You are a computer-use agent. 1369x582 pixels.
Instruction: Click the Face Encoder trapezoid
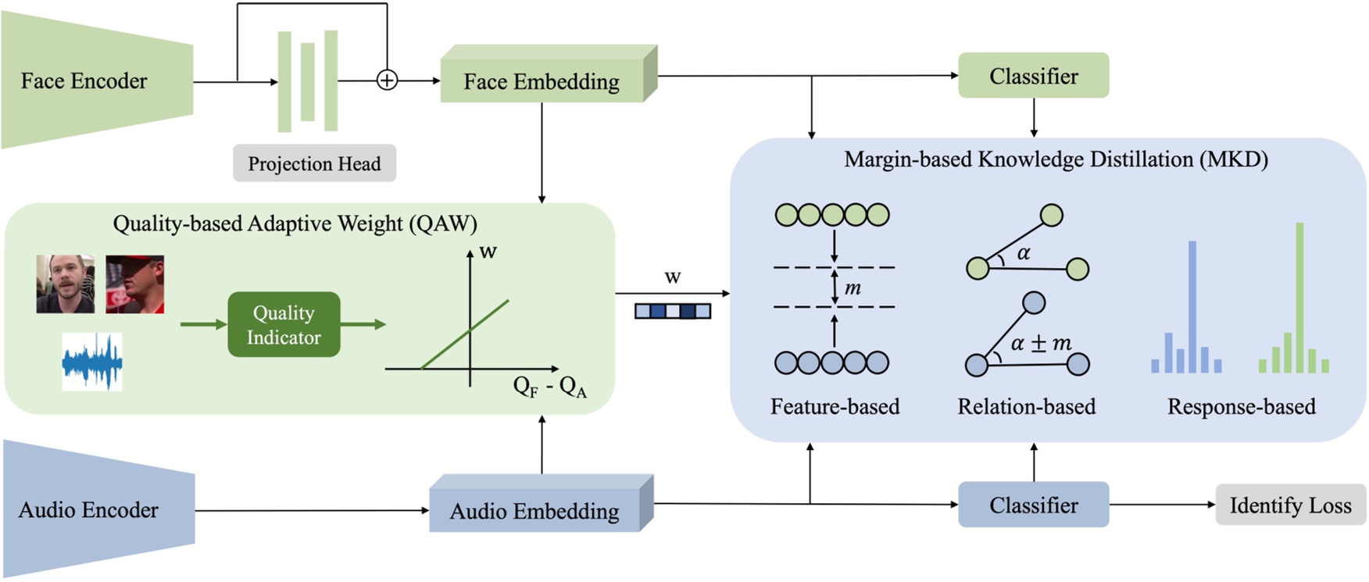(86, 80)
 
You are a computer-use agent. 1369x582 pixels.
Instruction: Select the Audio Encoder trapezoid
(90, 509)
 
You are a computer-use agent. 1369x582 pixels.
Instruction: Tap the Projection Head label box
(314, 163)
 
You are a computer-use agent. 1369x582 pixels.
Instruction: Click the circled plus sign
(387, 80)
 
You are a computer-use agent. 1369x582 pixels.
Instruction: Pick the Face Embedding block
(542, 81)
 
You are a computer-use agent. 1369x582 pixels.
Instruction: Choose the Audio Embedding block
(534, 510)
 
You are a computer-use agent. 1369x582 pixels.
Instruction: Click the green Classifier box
(1033, 76)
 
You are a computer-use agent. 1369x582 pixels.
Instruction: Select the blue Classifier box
(1033, 505)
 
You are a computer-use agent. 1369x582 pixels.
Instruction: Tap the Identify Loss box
(1290, 505)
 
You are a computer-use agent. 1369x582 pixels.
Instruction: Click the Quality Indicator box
(284, 325)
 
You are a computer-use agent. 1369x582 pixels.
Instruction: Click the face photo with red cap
(134, 284)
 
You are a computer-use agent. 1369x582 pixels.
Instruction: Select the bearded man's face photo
(66, 284)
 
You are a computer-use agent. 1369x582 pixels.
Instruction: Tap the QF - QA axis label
(549, 386)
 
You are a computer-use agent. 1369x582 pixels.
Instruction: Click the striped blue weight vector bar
(673, 311)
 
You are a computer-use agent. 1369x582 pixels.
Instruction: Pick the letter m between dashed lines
(852, 288)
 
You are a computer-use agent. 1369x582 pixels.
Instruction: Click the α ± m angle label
(1041, 343)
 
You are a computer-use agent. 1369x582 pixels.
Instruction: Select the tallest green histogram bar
(1299, 297)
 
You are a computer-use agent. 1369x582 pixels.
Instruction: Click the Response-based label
(1241, 406)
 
